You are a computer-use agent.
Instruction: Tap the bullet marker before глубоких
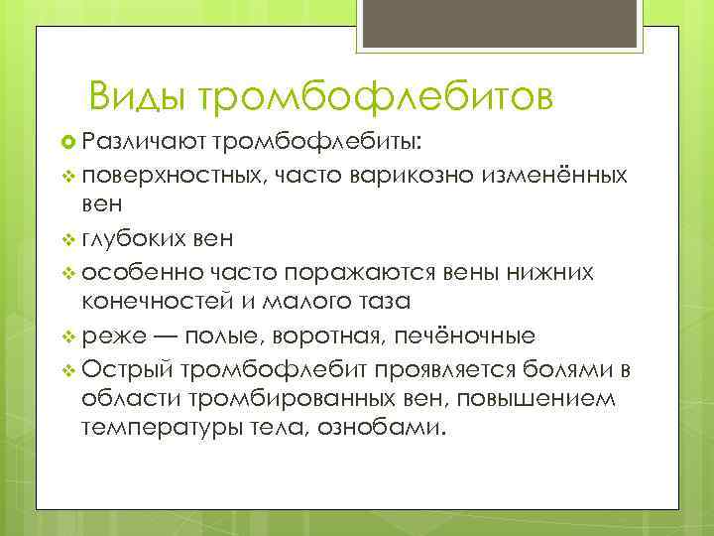(67, 238)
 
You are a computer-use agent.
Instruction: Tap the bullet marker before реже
(67, 335)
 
